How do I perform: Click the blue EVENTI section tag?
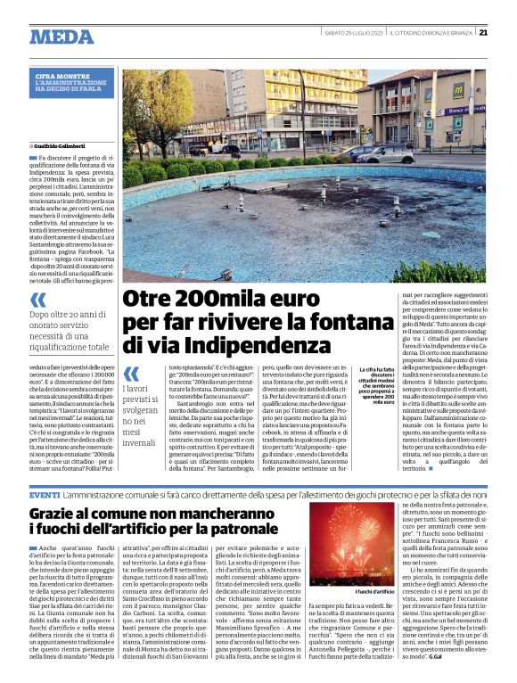[x=45, y=494]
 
